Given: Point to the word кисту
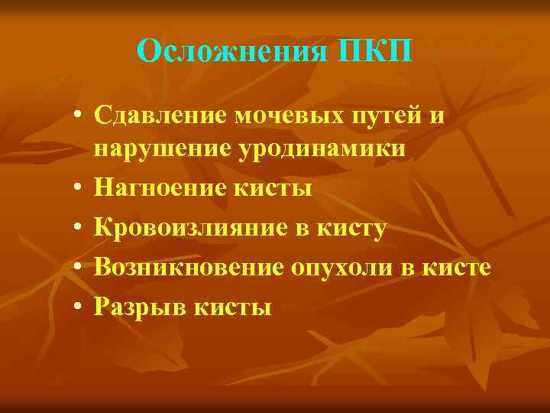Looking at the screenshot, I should coord(360,228).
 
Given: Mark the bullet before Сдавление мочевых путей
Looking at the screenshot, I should coord(78,116).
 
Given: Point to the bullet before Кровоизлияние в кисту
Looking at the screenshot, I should coord(78,228).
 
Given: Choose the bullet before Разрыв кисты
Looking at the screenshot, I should coord(78,307).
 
